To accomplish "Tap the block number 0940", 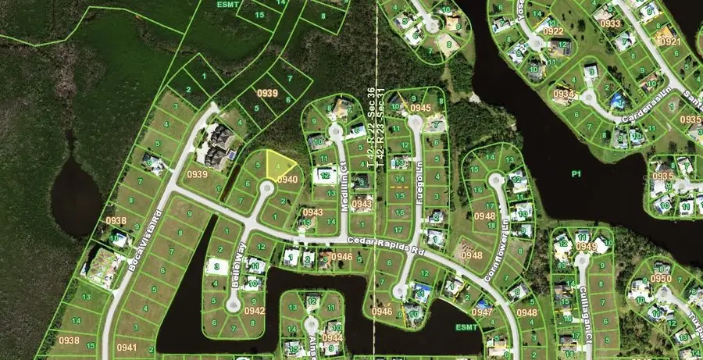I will [x=287, y=180].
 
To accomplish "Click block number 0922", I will [x=553, y=31].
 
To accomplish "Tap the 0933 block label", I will [x=610, y=24].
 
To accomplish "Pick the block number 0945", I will [x=421, y=108].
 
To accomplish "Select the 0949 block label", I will [x=585, y=246].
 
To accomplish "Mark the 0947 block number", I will [x=482, y=312].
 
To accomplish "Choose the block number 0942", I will [x=254, y=310].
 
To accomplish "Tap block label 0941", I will [x=126, y=348].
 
